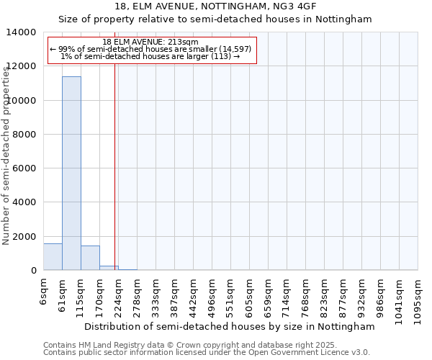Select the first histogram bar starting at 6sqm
(53, 257)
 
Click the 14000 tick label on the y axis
(22, 32)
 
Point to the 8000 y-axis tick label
(25, 135)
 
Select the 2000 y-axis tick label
(25, 237)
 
